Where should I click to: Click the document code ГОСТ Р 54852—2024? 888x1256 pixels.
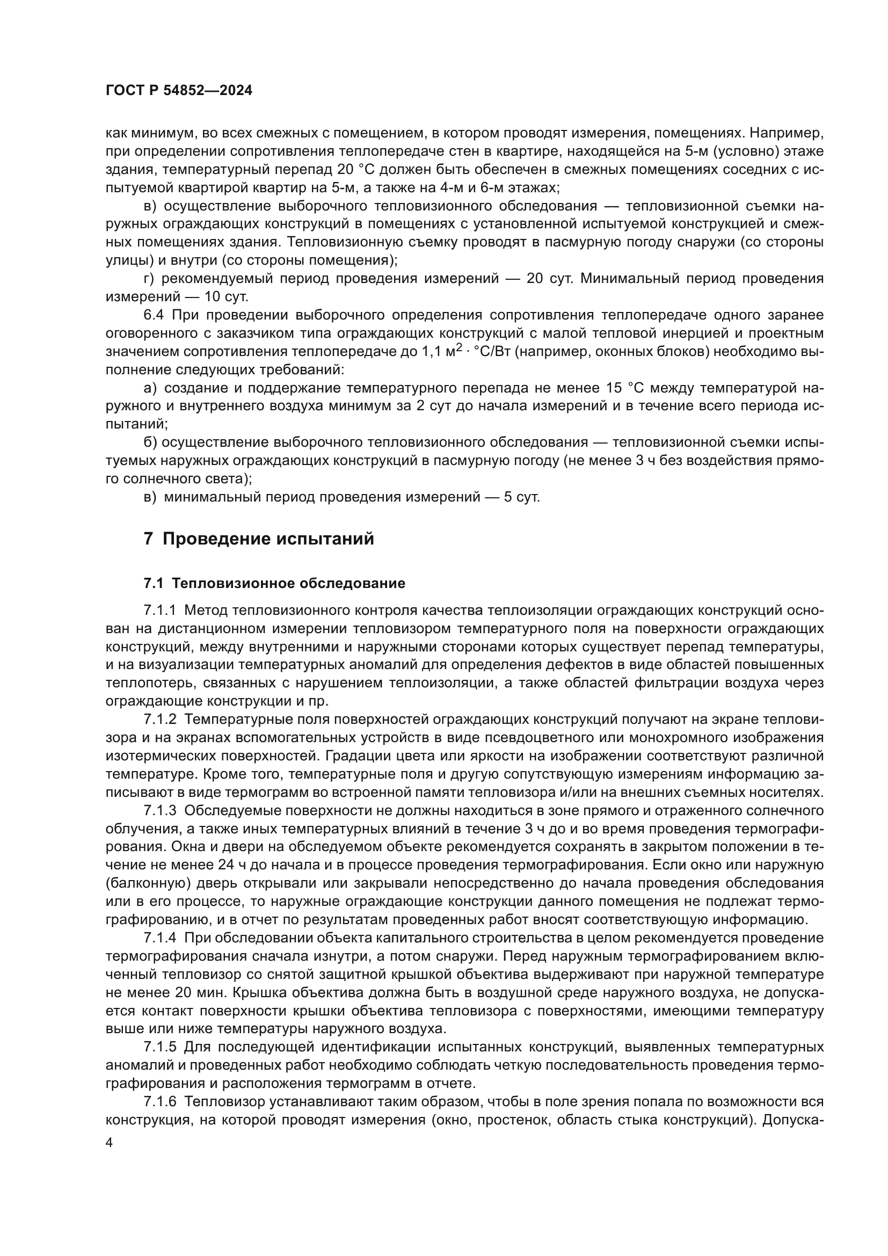179,91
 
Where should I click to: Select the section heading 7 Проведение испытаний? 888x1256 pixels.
259,539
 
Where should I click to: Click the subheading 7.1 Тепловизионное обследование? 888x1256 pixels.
274,583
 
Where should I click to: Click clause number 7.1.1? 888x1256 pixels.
159,610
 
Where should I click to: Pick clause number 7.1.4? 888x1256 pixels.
159,938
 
